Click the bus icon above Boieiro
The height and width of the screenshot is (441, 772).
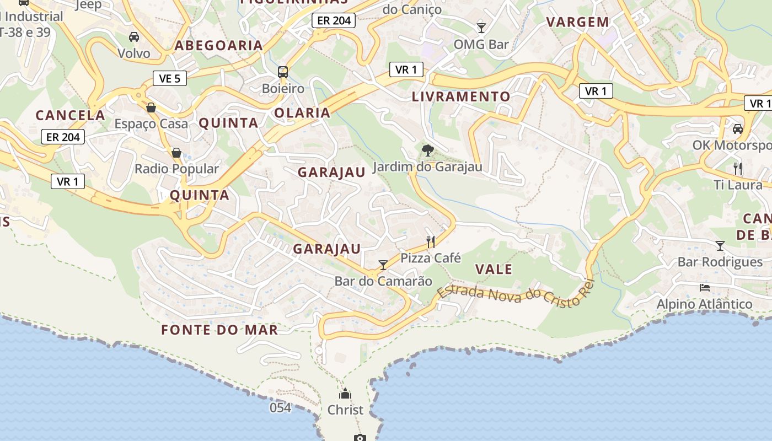(x=283, y=72)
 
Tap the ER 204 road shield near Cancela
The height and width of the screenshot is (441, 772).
(x=63, y=137)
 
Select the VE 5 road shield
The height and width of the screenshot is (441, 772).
(x=169, y=78)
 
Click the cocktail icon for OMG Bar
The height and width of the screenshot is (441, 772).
(x=481, y=28)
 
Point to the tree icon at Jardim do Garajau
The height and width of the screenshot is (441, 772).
(x=427, y=150)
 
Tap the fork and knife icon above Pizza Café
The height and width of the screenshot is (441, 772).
(x=431, y=241)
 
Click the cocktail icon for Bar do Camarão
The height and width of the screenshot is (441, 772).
(x=383, y=265)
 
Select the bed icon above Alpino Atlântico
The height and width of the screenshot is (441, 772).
(x=704, y=287)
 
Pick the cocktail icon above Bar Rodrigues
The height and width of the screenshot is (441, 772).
(x=720, y=245)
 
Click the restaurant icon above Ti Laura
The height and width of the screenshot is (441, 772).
(x=738, y=168)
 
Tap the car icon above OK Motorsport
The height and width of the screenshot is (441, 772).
(x=738, y=129)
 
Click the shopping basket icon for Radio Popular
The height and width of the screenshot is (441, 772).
(x=176, y=152)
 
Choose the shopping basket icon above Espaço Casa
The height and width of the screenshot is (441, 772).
(x=151, y=107)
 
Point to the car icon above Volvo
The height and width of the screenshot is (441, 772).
(x=133, y=37)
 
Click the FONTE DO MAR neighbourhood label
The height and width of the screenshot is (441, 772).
(x=219, y=330)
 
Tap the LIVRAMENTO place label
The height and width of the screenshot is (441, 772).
(x=461, y=96)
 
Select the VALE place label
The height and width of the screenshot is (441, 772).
(x=494, y=270)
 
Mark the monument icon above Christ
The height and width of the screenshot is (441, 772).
(x=345, y=394)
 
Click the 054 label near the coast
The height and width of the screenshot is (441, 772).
(x=280, y=407)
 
